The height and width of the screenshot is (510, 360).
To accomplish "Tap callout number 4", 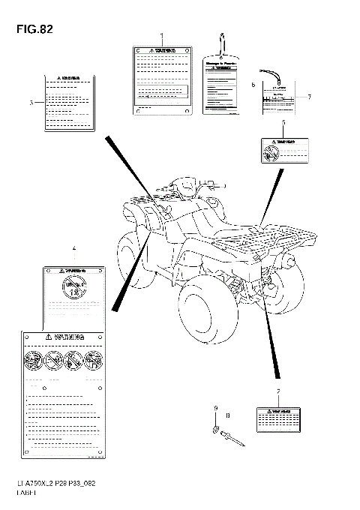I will click(73, 248).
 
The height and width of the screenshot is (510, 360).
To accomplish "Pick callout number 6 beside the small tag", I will click(253, 85).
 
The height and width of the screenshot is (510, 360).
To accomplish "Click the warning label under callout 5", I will click(283, 150).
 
